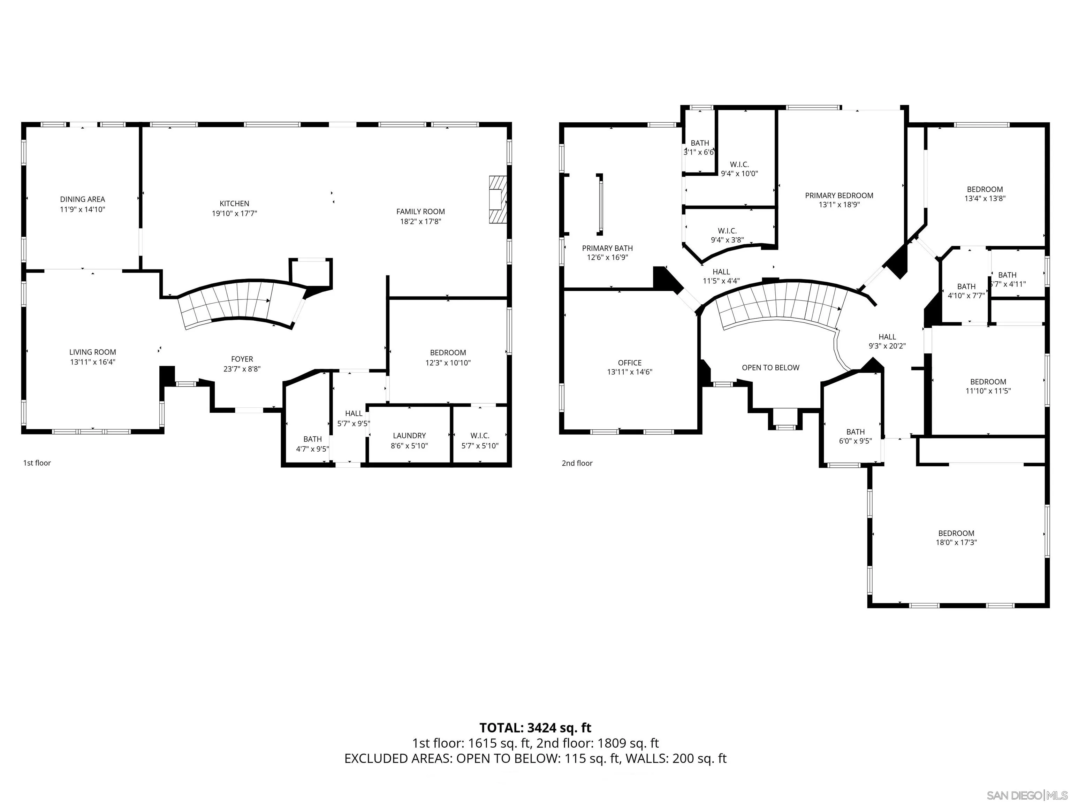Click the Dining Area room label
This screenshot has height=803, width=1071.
click(82, 199)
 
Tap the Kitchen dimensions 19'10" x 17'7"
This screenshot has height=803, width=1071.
click(234, 213)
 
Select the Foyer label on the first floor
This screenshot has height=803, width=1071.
click(242, 359)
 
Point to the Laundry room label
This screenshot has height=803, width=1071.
click(409, 436)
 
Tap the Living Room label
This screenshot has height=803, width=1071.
click(92, 352)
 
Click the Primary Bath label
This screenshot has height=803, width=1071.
click(607, 248)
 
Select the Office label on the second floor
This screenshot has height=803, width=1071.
click(629, 362)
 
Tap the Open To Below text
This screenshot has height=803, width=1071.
click(770, 368)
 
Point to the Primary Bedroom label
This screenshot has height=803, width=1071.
click(839, 196)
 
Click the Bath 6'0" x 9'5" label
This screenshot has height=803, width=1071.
click(856, 436)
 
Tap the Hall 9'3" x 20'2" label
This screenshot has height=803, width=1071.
click(887, 341)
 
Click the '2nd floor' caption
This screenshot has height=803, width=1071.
click(577, 463)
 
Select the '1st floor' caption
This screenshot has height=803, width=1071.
click(37, 463)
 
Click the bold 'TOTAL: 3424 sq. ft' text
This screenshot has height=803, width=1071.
click(535, 727)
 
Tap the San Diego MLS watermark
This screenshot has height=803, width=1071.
click(1026, 795)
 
